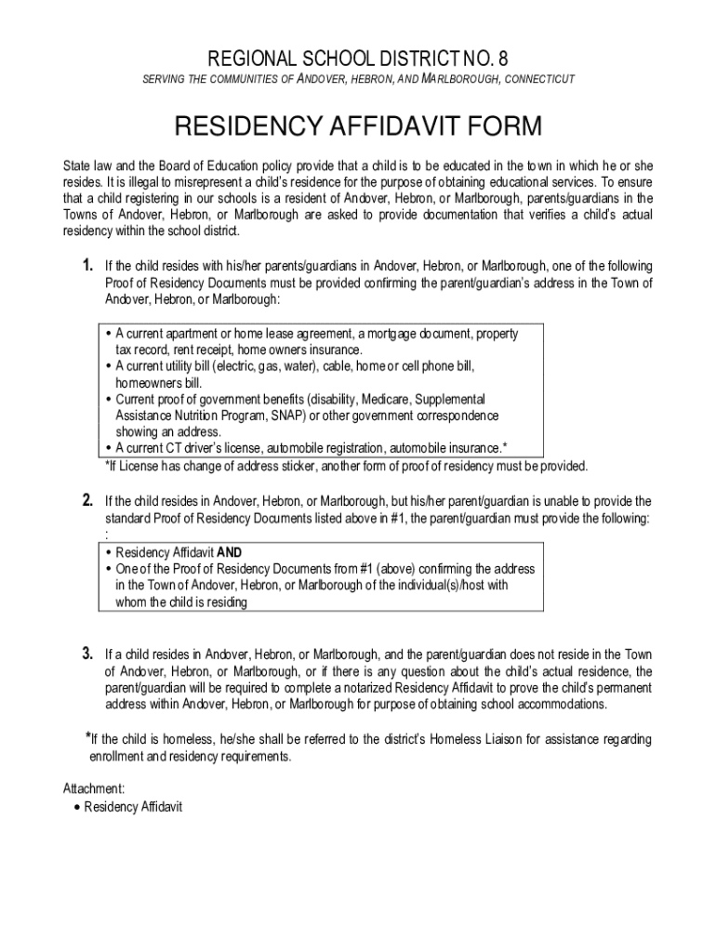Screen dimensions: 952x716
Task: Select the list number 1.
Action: pos(88,267)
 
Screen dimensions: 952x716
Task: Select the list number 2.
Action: pos(88,501)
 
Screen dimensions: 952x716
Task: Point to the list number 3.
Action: pos(88,654)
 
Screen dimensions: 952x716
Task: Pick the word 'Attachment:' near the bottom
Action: pos(94,788)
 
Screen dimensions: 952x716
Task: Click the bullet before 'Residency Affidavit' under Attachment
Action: pos(76,807)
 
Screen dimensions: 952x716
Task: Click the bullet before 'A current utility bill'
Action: pos(109,366)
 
